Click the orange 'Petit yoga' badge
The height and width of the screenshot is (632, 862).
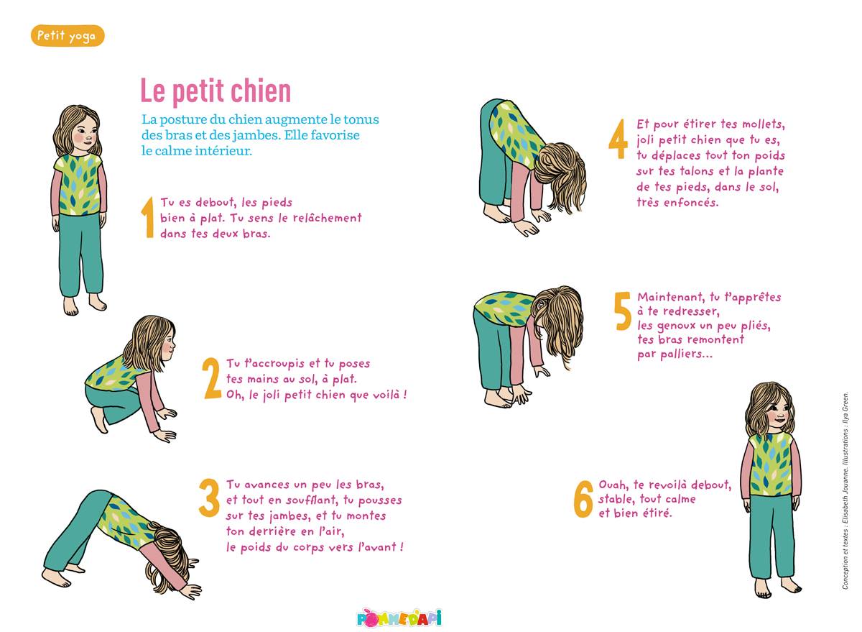(x=68, y=36)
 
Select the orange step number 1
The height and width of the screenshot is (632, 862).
(x=148, y=217)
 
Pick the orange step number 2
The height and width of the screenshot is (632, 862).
(x=212, y=378)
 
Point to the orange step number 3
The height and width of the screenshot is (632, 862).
(x=209, y=498)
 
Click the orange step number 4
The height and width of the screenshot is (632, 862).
(x=618, y=139)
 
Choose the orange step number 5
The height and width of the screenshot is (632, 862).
(x=623, y=311)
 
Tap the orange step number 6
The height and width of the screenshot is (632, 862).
(x=583, y=499)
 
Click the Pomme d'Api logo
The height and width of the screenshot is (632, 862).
(x=399, y=618)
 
